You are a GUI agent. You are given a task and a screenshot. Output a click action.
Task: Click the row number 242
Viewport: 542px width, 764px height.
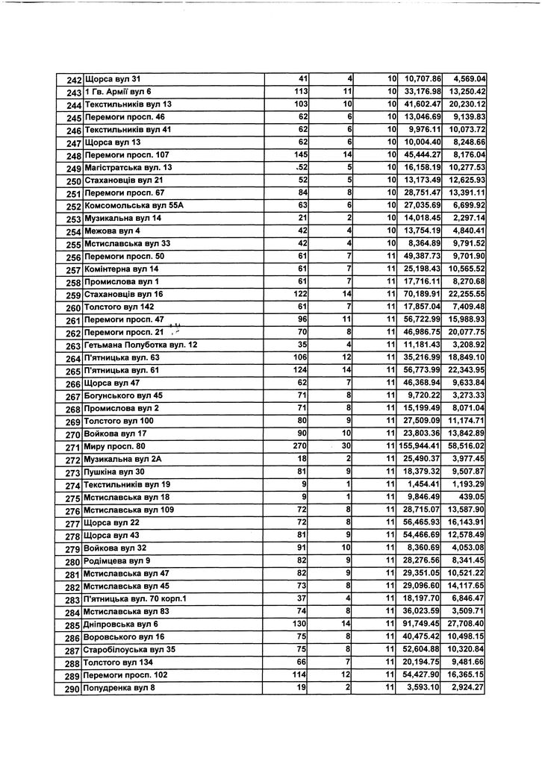click(x=72, y=80)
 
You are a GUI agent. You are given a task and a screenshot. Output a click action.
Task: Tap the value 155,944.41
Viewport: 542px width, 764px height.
click(x=420, y=447)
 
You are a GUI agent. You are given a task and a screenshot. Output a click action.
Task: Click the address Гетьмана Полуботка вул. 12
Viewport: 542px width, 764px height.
click(x=141, y=345)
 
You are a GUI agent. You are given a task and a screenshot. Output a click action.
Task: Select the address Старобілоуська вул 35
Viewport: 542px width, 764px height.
click(x=131, y=650)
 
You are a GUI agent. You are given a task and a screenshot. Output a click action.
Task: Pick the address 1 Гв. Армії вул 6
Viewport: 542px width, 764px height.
click(x=118, y=92)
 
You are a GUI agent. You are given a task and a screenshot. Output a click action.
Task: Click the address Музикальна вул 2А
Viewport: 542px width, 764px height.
click(x=123, y=460)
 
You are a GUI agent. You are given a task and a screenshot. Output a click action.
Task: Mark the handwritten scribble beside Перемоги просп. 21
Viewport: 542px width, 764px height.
click(x=176, y=328)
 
